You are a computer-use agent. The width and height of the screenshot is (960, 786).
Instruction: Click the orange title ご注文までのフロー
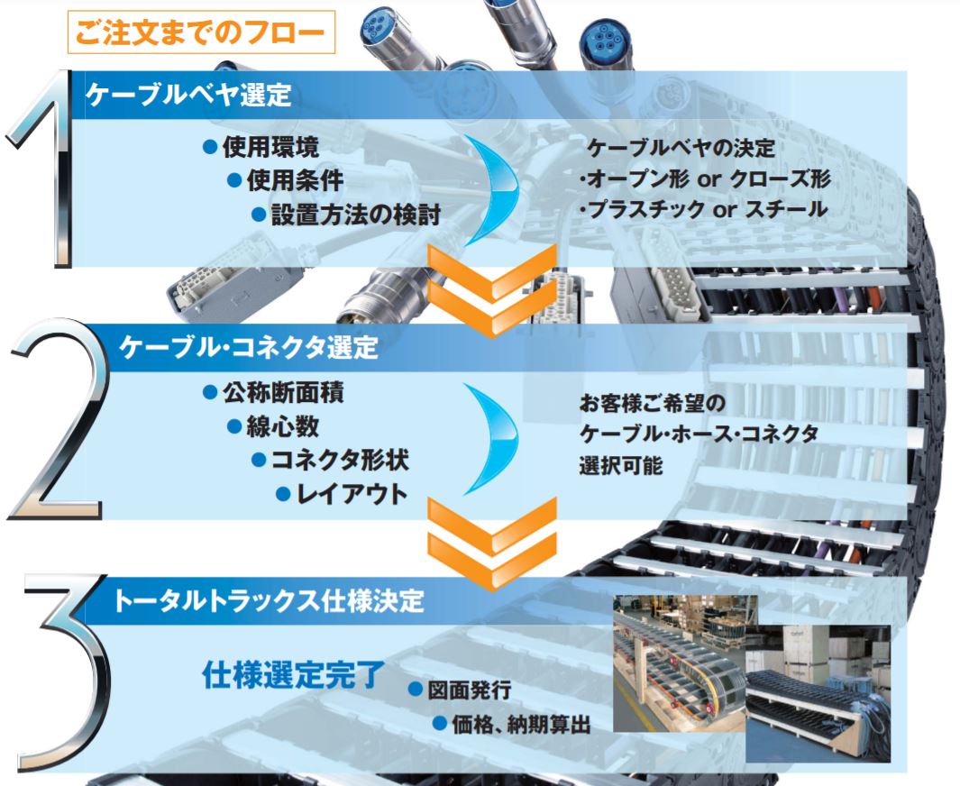point(200,32)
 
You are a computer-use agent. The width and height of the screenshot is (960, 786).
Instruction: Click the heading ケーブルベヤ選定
point(188,95)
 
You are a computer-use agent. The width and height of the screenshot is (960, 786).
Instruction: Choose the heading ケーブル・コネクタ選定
point(249,347)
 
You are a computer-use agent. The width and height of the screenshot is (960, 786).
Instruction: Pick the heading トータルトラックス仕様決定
point(268,600)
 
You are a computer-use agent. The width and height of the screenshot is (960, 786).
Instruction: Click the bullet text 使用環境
point(270,147)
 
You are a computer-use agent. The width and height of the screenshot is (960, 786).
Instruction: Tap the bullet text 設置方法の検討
point(356,215)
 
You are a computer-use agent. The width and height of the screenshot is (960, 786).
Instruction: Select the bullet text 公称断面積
point(283,392)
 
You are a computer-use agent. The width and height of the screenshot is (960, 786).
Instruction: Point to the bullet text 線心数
point(282,426)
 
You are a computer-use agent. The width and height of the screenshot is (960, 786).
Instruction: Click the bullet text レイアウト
point(352,494)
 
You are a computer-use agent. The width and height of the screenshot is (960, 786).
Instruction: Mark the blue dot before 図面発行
point(416,690)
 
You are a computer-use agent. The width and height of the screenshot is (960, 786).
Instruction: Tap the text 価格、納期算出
point(521,724)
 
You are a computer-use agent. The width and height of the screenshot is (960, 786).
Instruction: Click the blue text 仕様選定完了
point(294,674)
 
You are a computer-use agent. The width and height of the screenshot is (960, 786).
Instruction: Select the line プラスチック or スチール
point(704,209)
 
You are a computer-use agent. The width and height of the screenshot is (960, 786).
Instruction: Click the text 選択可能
point(621,466)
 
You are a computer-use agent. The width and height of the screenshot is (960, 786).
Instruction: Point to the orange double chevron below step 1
point(491,290)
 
